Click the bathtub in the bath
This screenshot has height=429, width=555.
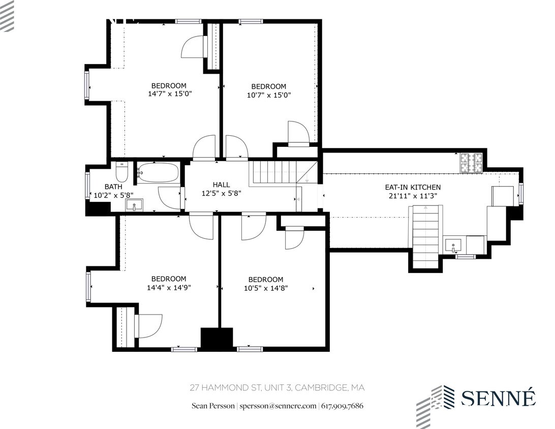click(x=158, y=173)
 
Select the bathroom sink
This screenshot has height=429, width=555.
click(x=135, y=205)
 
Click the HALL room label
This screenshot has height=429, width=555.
click(x=221, y=185)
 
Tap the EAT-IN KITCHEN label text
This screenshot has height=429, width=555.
click(x=412, y=187)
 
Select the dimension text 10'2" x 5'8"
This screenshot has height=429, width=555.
click(x=112, y=195)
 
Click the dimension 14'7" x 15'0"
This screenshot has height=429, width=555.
click(x=170, y=94)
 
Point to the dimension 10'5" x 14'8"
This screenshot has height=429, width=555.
click(x=266, y=288)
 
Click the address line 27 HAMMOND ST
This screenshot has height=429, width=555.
click(x=277, y=388)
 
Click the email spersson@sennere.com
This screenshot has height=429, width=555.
click(x=279, y=406)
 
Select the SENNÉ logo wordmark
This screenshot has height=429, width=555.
click(x=498, y=398)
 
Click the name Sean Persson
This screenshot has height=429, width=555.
click(x=213, y=406)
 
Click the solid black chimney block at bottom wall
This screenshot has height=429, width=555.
click(x=217, y=338)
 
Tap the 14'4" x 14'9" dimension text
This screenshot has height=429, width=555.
click(x=169, y=287)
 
